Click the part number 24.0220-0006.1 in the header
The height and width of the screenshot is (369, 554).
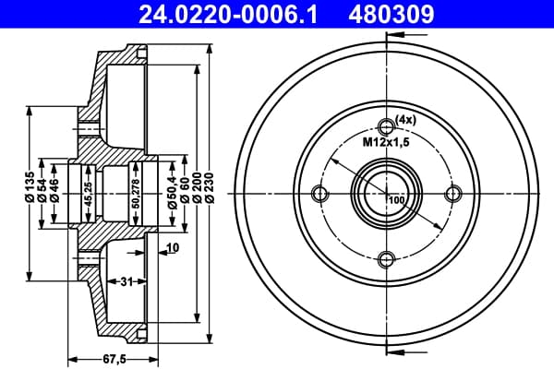229,15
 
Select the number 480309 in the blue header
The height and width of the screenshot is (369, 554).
391,15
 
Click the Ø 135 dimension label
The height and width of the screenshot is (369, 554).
30,186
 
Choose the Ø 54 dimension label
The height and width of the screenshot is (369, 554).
42,190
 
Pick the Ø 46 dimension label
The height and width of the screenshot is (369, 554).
54,190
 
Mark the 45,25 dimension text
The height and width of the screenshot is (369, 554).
88,194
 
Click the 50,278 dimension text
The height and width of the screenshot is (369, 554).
136,194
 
